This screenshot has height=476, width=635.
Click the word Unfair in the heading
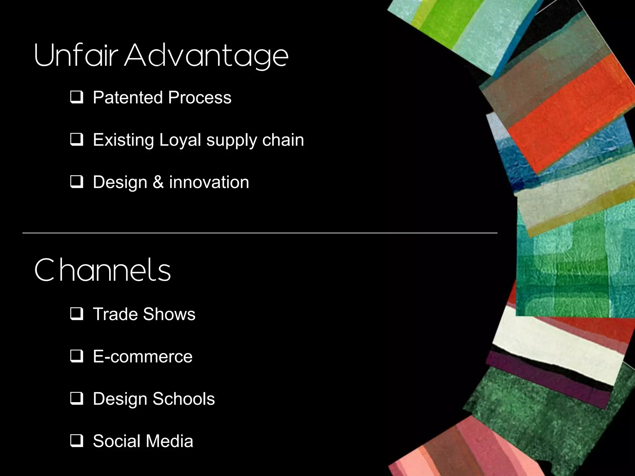[76, 56]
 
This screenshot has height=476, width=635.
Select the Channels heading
[102, 270]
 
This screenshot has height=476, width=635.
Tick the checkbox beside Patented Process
[76, 97]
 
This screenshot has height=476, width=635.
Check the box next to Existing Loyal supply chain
[76, 140]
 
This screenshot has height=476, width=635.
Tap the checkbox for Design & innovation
[76, 182]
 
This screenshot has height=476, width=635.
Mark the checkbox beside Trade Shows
[76, 314]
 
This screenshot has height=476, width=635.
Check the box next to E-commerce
[76, 357]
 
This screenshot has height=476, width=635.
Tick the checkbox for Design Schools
[76, 399]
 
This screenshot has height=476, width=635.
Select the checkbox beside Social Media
[76, 441]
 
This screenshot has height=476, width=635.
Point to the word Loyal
[180, 140]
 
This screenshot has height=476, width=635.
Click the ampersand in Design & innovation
[158, 182]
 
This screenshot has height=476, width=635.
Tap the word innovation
[209, 182]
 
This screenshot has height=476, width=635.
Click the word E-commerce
[143, 357]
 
